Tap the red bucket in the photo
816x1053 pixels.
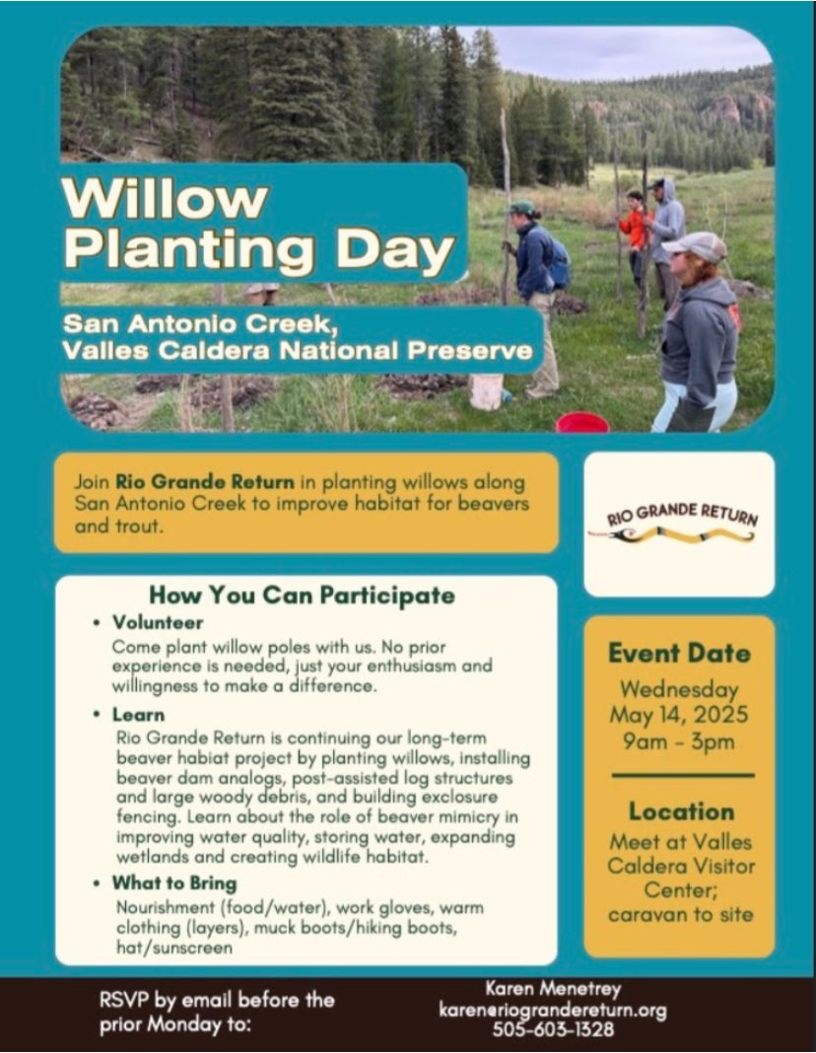[x=581, y=422]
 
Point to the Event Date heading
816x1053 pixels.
[x=679, y=653]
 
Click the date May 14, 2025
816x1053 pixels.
[x=678, y=714]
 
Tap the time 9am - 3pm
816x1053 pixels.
[x=678, y=741]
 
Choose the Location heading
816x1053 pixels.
[x=681, y=811]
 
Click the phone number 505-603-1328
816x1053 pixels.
[x=553, y=1028]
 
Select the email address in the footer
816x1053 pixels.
[x=553, y=1010]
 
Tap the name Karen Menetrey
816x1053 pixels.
[x=553, y=989]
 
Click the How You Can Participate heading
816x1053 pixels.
[x=302, y=595]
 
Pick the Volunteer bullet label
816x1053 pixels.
[x=158, y=622]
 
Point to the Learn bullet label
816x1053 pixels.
[x=138, y=715]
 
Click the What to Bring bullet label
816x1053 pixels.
[x=174, y=883]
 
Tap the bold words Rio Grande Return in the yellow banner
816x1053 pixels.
[x=205, y=481]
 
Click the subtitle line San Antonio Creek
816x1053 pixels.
[x=200, y=323]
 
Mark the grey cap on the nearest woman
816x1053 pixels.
[x=695, y=246]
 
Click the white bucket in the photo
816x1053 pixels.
[x=486, y=392]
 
